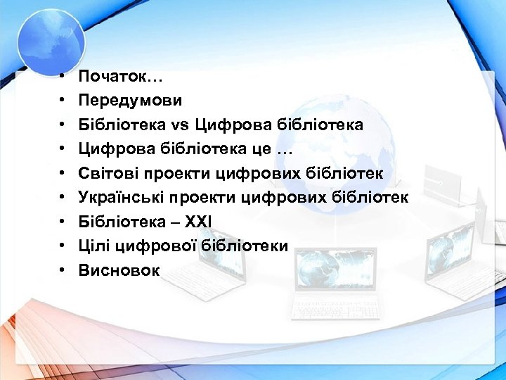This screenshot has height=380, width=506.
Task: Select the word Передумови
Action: tap(130, 101)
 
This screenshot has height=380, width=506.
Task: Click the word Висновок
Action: tap(119, 270)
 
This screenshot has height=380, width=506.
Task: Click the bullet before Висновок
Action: tap(63, 270)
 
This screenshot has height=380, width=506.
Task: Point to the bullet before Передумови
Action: tap(63, 101)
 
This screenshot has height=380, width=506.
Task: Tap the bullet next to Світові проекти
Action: tap(63, 174)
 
